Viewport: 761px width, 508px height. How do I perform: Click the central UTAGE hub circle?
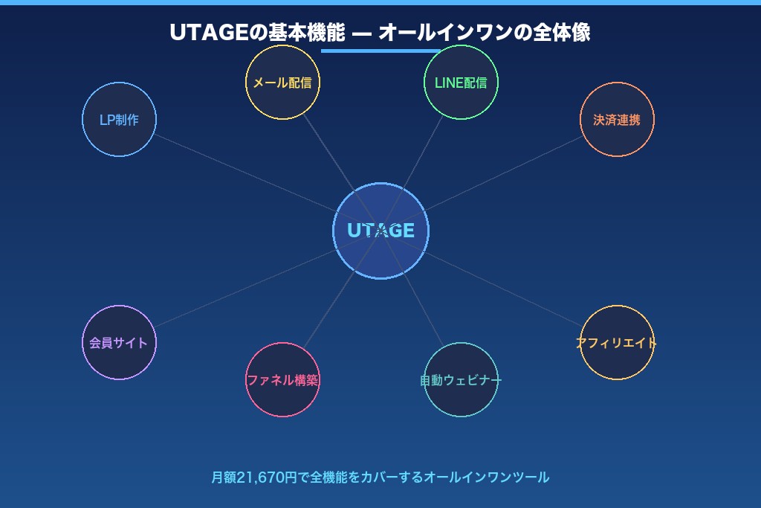point(380,231)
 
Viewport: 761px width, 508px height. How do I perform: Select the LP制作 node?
point(119,119)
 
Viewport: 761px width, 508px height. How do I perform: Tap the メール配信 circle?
point(282,82)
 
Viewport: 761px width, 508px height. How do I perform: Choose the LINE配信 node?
point(461,82)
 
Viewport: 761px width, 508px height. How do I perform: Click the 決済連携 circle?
point(617,119)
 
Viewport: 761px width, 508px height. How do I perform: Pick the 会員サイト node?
point(119,342)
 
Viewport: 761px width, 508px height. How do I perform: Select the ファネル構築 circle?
point(282,379)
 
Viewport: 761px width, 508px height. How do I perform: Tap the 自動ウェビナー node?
point(461,379)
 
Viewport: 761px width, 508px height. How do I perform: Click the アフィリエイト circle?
point(617,342)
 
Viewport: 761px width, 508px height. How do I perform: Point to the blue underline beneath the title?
point(380,51)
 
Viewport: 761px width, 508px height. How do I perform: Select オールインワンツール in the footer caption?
point(486,478)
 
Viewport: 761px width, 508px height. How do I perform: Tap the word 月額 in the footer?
point(223,478)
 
